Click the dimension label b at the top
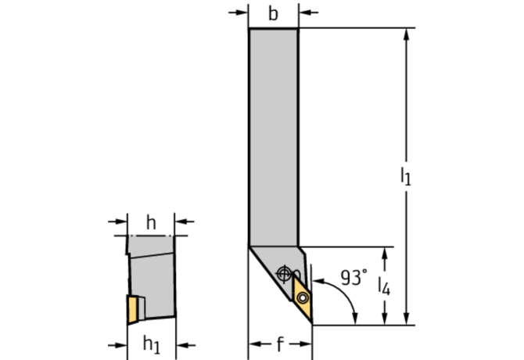pyautogui.click(x=273, y=14)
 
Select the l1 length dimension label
pyautogui.click(x=406, y=176)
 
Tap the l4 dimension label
pyautogui.click(x=384, y=286)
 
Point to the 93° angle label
pyautogui.click(x=354, y=278)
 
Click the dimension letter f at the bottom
pyautogui.click(x=280, y=344)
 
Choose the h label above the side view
pyautogui.click(x=151, y=222)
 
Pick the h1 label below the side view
pyautogui.click(x=152, y=344)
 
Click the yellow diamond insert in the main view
pyautogui.click(x=303, y=297)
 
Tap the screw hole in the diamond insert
pyautogui.click(x=303, y=297)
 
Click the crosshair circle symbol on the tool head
pyautogui.click(x=284, y=274)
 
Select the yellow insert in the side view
pyautogui.click(x=133, y=309)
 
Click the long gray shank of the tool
pyautogui.click(x=274, y=137)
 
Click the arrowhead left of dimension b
pyautogui.click(x=242, y=13)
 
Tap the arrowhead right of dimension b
pyautogui.click(x=305, y=13)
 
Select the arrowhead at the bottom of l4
pyautogui.click(x=385, y=319)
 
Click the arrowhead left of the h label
pyautogui.click(x=121, y=221)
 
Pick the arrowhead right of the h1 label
pyautogui.click(x=182, y=345)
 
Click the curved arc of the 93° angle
pyautogui.click(x=344, y=293)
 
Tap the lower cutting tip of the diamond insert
pyautogui.click(x=312, y=323)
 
